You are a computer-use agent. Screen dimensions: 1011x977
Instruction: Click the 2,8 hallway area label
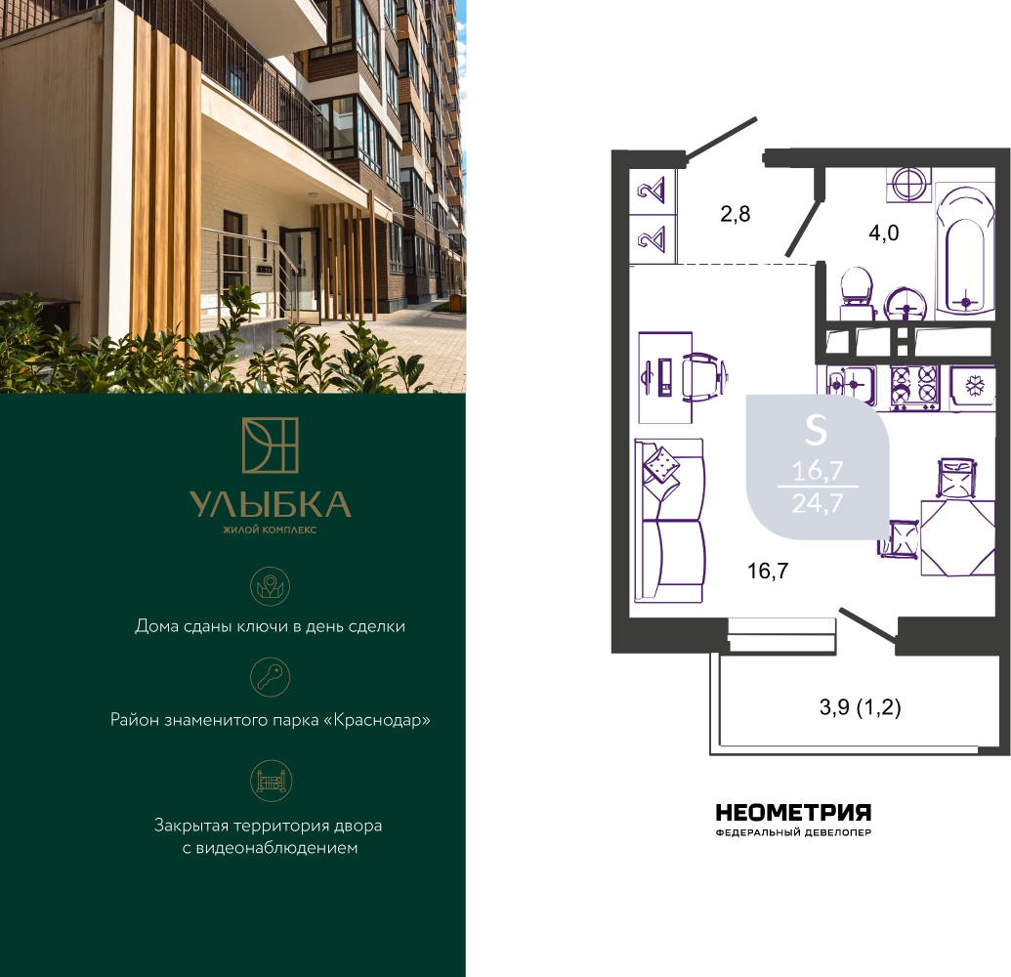pyautogui.click(x=735, y=213)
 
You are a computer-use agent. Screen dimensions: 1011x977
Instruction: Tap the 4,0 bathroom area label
pyautogui.click(x=883, y=233)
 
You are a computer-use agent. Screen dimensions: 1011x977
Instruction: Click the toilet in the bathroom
pyautogui.click(x=858, y=294)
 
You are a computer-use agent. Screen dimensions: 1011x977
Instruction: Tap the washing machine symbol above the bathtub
pyautogui.click(x=908, y=184)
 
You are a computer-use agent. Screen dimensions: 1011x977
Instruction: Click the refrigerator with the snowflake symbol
pyautogui.click(x=972, y=388)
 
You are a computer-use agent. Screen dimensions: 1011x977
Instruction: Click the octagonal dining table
pyautogui.click(x=957, y=537)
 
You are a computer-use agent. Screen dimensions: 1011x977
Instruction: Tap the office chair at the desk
pyautogui.click(x=706, y=377)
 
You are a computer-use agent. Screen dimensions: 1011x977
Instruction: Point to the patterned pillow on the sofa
pyautogui.click(x=661, y=464)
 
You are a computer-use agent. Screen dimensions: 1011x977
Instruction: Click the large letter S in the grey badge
pyautogui.click(x=817, y=431)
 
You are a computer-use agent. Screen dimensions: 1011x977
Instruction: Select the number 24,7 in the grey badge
pyautogui.click(x=818, y=503)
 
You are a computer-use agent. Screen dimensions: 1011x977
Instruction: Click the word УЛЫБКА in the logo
pyautogui.click(x=271, y=505)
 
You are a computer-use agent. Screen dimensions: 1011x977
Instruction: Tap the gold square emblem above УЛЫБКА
pyautogui.click(x=271, y=445)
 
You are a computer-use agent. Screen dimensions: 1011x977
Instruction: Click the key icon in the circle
pyautogui.click(x=271, y=677)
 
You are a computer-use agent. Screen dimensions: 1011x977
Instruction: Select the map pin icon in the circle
pyautogui.click(x=271, y=585)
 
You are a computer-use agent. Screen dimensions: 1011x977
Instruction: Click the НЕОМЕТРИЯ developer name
pyautogui.click(x=793, y=812)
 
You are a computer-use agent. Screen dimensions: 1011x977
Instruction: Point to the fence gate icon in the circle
pyautogui.click(x=271, y=781)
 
